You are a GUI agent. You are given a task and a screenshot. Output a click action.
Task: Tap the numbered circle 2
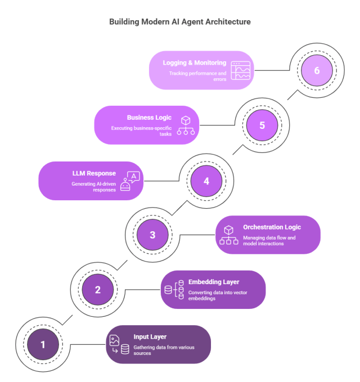(97, 290)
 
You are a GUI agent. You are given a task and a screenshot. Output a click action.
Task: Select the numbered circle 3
(152, 236)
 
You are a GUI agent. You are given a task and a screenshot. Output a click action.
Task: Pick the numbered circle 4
(206, 181)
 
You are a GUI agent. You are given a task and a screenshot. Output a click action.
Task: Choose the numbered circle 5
(262, 125)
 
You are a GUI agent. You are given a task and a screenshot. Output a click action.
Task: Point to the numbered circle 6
(316, 71)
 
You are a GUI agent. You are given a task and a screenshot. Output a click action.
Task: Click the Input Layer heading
(150, 337)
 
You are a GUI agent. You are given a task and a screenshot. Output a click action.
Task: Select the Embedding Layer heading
(213, 282)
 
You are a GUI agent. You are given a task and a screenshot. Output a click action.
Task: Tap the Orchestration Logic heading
(272, 227)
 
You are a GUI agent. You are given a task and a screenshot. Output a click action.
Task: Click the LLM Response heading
(93, 173)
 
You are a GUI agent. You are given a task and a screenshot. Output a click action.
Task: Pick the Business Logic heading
(149, 118)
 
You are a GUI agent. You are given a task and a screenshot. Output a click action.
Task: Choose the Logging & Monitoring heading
(195, 63)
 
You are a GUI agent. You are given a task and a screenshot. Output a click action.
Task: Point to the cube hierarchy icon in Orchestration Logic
(228, 235)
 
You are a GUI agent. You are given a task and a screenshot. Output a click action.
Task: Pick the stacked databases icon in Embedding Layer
(174, 290)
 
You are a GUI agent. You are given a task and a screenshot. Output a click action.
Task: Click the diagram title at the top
(180, 22)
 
